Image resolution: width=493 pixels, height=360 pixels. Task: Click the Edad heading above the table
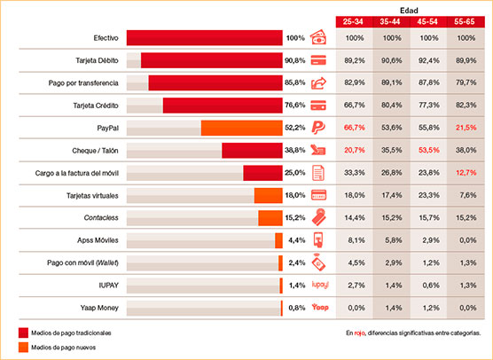coord(411,6)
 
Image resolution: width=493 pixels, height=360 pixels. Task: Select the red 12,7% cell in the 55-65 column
coord(467,172)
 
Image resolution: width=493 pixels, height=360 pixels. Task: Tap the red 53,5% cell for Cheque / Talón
coord(430,150)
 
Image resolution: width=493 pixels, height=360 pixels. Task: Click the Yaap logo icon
coord(320,307)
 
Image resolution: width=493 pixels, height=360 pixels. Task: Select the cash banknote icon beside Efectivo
coord(320,38)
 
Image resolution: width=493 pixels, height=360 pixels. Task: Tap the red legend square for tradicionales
coord(22,333)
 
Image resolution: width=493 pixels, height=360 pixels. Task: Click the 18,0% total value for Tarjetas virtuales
coord(295,194)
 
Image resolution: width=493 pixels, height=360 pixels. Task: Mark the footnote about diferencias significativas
coord(416,333)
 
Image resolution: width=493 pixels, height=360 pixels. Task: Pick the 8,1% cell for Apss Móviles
coord(355,239)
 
